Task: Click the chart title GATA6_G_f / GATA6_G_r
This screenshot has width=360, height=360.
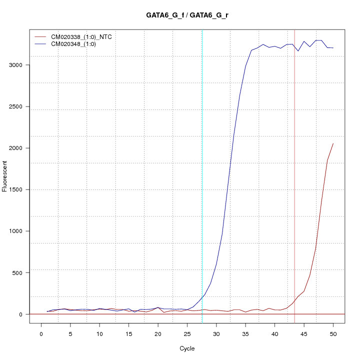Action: (x=187, y=15)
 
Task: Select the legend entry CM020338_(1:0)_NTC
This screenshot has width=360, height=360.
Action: (x=84, y=36)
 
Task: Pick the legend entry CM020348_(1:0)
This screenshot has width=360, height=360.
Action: (x=77, y=44)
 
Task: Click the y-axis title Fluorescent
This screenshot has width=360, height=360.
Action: (x=5, y=176)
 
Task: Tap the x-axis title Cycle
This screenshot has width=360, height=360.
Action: (x=187, y=348)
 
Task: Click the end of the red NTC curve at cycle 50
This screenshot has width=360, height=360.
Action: (x=333, y=143)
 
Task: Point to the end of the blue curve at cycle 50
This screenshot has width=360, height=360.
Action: (x=333, y=48)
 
